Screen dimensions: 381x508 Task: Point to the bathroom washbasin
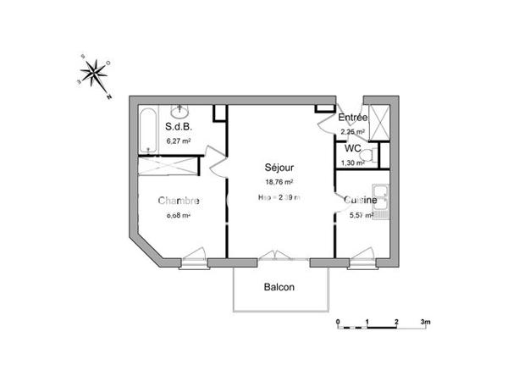(x=180, y=111)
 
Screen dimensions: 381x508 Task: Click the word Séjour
(x=277, y=168)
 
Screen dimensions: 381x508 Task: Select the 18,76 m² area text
(x=277, y=182)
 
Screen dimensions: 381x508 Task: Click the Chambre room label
(x=179, y=201)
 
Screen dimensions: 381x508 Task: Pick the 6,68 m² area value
(x=178, y=215)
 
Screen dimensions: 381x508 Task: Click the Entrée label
(x=352, y=118)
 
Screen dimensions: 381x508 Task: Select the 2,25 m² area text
(x=352, y=132)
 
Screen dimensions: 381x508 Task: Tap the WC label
(x=353, y=148)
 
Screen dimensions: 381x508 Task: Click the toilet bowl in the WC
(x=365, y=158)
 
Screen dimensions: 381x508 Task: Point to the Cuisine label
(x=361, y=201)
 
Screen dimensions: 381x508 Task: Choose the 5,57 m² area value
(x=362, y=216)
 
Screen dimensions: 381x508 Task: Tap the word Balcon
(x=279, y=287)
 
